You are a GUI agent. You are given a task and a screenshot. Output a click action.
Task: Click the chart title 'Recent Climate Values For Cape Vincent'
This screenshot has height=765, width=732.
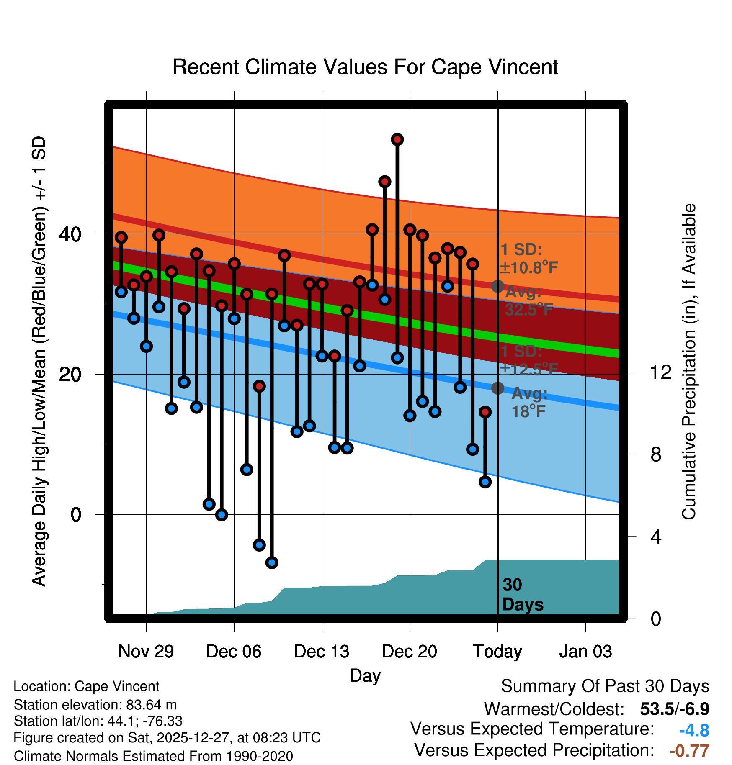click(365, 67)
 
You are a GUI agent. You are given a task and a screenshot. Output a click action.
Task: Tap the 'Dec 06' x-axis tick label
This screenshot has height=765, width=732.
click(234, 652)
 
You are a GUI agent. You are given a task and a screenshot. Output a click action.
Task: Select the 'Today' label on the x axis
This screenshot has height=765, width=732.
click(497, 652)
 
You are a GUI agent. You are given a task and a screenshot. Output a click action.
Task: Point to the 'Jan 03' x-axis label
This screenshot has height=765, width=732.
click(585, 652)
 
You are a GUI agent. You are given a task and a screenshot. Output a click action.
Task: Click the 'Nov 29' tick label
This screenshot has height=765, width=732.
click(146, 652)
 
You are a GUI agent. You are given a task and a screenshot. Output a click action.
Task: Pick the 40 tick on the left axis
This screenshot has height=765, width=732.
click(70, 234)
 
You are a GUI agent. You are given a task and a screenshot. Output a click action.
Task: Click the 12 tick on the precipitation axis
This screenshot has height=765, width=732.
click(661, 372)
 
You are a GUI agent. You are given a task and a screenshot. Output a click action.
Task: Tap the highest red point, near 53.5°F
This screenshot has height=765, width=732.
click(397, 139)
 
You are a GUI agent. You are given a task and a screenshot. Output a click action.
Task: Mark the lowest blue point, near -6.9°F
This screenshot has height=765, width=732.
click(272, 562)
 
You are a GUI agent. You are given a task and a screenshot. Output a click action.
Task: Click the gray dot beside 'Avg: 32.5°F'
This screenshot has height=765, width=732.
click(497, 286)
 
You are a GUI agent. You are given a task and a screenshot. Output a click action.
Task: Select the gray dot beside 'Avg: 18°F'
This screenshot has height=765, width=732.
click(497, 388)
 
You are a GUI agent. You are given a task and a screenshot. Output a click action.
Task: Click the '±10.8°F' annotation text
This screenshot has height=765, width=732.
click(529, 268)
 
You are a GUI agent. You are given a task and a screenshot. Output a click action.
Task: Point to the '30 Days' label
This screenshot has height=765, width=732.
click(522, 595)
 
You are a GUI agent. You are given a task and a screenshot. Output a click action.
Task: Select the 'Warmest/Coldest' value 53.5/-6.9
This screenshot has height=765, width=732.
click(674, 709)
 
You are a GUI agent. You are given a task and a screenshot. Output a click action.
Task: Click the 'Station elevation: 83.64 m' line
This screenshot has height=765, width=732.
click(95, 705)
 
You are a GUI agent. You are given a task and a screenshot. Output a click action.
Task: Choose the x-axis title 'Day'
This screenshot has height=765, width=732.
click(365, 675)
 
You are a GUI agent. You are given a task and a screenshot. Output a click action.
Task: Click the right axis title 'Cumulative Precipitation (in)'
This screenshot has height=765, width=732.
click(689, 362)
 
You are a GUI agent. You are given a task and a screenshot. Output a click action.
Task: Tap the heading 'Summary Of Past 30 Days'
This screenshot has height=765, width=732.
click(605, 686)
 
